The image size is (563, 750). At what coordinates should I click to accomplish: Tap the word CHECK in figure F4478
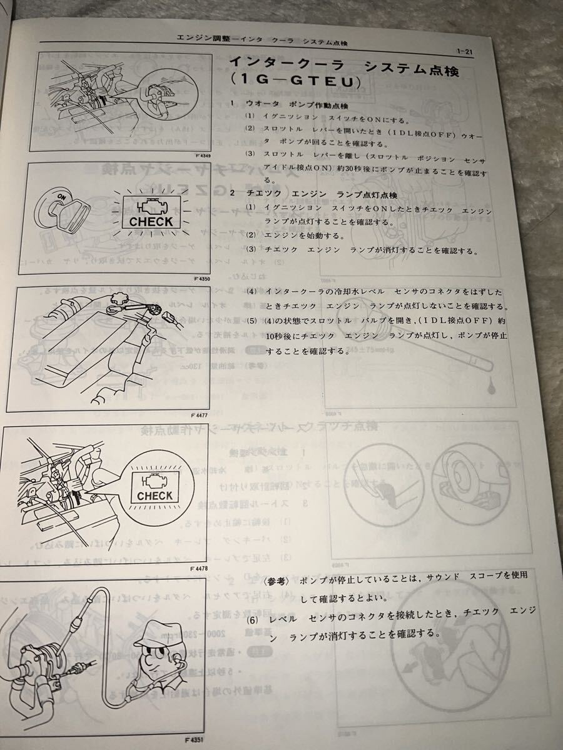point(155,496)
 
